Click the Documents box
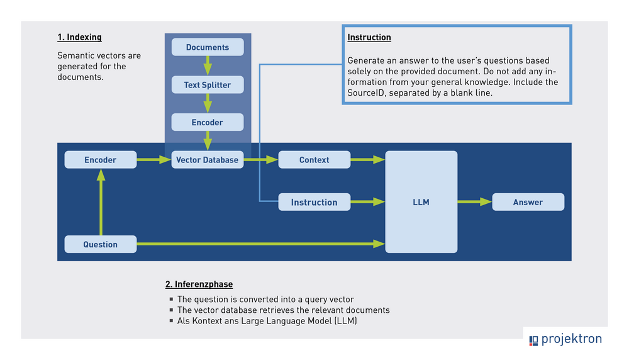coord(208,47)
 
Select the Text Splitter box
coord(208,85)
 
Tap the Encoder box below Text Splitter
coord(208,122)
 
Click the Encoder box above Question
coord(101,160)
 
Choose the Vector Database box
coord(208,160)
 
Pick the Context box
coord(314,160)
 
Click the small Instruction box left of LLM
coord(314,202)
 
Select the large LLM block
coord(421,202)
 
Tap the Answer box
coord(528,202)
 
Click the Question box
coord(101,244)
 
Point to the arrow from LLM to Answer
coord(474,202)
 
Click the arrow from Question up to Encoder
coord(101,201)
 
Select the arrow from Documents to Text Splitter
coord(208,66)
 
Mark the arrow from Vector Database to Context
coord(260,160)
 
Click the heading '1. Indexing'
coord(79,38)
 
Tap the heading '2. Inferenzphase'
coord(199,284)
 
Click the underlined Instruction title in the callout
coord(369,38)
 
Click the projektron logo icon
coord(534,340)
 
